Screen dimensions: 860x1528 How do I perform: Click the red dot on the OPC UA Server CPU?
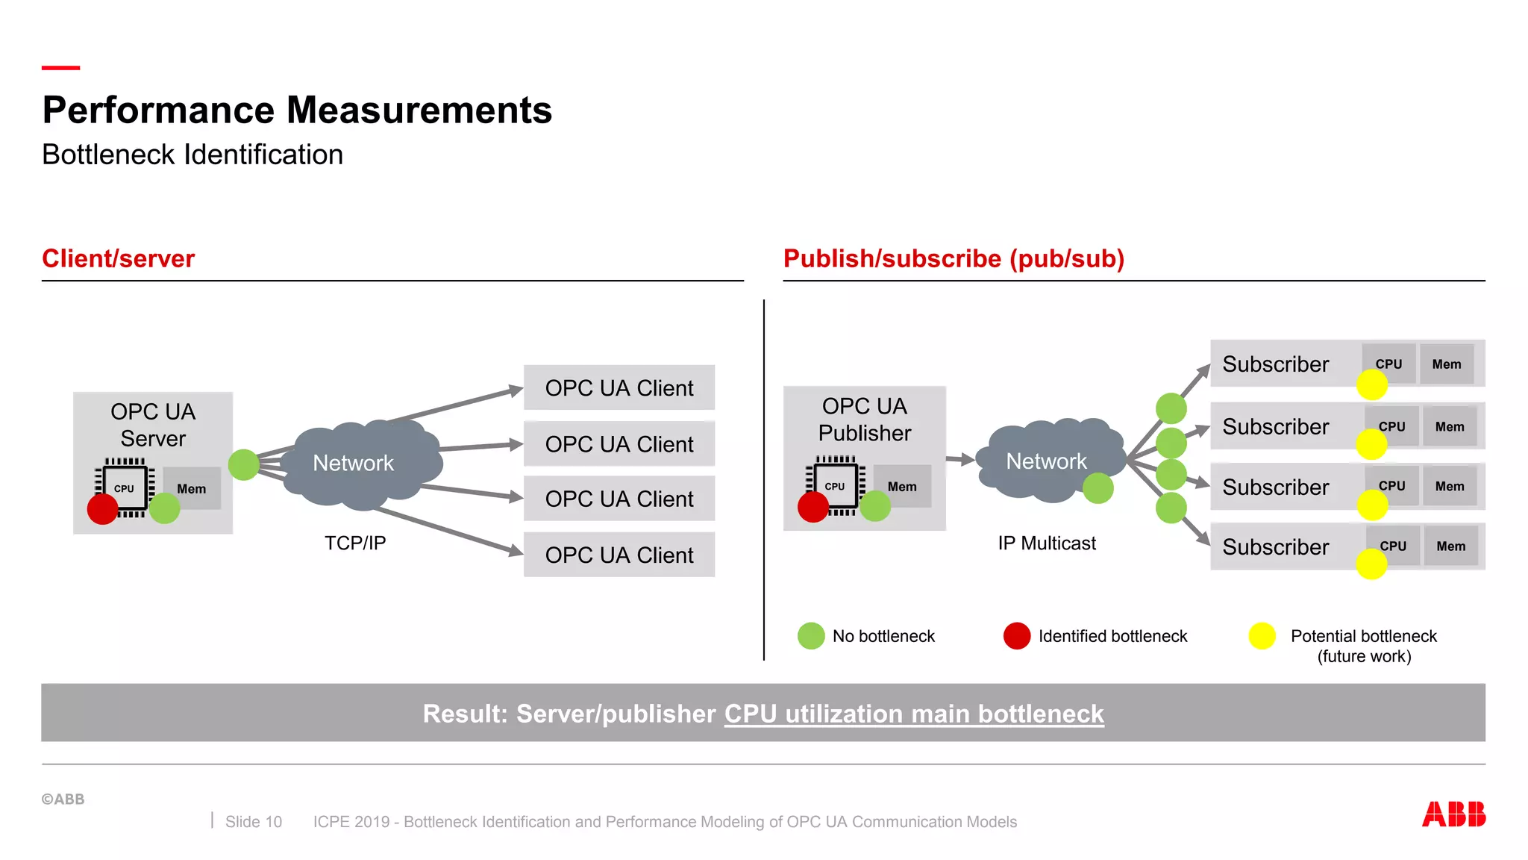pos(103,509)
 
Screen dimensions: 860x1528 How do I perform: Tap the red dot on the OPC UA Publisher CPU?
pos(813,507)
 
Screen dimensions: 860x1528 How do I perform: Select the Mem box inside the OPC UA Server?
pos(192,488)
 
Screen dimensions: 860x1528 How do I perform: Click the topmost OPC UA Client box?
pos(619,387)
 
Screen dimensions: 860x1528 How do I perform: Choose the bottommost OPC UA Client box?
pos(619,555)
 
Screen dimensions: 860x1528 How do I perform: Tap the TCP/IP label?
pos(355,543)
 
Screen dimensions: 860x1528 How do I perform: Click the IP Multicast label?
pos(1047,543)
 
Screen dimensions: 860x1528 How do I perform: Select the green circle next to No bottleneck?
pos(811,636)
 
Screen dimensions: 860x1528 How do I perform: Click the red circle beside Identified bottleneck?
pos(1017,636)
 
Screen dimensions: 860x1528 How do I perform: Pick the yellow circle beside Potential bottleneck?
pos(1262,636)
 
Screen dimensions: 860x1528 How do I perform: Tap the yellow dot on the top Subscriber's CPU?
pos(1372,384)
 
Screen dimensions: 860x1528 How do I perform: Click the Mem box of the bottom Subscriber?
pos(1451,546)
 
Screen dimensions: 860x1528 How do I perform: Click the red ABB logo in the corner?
pos(1453,814)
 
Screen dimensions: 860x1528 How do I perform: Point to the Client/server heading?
pos(118,258)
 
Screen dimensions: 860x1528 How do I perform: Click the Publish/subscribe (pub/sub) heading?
pos(954,258)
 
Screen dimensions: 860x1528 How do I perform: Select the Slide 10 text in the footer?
pos(254,822)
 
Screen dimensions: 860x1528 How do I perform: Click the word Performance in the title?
pos(159,110)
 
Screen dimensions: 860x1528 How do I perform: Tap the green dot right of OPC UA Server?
pos(244,465)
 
